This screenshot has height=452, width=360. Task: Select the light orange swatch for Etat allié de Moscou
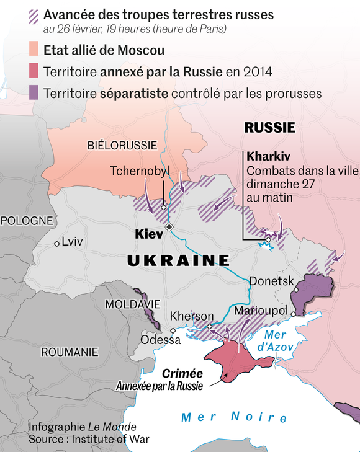pyautogui.click(x=35, y=50)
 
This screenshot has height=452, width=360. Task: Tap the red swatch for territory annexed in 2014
pyautogui.click(x=35, y=71)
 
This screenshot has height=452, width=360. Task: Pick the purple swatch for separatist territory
pyautogui.click(x=35, y=93)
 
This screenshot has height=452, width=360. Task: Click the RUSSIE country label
pyautogui.click(x=269, y=128)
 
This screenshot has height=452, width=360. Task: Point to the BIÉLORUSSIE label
pyautogui.click(x=122, y=145)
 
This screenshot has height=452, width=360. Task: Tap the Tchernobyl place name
pyautogui.click(x=139, y=171)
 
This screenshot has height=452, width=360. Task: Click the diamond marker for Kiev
pyautogui.click(x=169, y=228)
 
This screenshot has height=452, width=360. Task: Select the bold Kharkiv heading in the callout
pyautogui.click(x=269, y=155)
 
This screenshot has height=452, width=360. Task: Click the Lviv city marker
pyautogui.click(x=57, y=243)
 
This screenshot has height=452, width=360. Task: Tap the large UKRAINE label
pyautogui.click(x=178, y=260)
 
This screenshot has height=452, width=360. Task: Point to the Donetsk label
pyautogui.click(x=271, y=281)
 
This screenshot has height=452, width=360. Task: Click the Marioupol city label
pyautogui.click(x=261, y=310)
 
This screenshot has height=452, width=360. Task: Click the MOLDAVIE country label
pyautogui.click(x=133, y=304)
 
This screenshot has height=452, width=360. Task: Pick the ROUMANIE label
pyautogui.click(x=70, y=352)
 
